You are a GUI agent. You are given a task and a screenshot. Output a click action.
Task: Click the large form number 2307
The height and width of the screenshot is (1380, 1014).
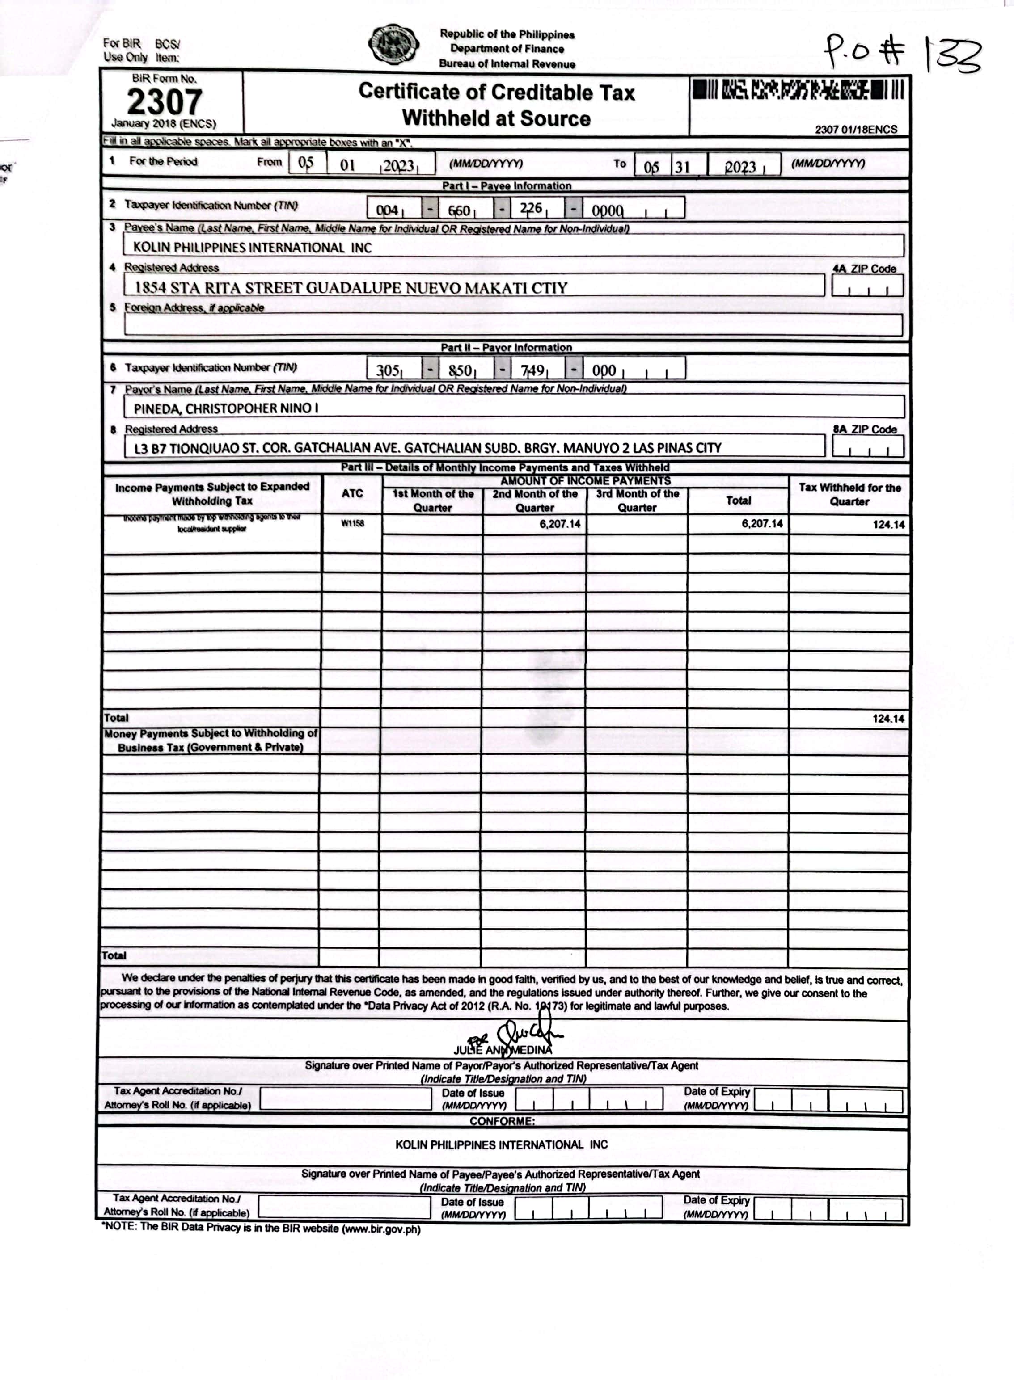point(165,102)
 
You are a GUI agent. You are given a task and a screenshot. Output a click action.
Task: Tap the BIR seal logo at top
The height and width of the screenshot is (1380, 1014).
point(393,45)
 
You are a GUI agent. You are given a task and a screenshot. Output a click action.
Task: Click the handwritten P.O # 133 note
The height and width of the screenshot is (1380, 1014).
point(902,53)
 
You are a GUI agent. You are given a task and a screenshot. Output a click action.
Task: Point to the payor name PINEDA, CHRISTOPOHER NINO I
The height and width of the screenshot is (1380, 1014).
point(226,408)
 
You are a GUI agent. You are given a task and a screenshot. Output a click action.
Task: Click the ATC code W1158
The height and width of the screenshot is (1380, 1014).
point(352,523)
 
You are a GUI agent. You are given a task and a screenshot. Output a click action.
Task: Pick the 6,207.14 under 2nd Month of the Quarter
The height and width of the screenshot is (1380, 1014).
point(560,523)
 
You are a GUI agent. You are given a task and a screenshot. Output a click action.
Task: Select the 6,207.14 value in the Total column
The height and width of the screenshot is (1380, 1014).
point(762,523)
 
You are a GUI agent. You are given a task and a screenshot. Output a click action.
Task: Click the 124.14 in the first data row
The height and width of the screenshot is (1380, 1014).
point(888,525)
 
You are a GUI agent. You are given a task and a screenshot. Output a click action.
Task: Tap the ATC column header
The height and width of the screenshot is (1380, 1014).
point(352,493)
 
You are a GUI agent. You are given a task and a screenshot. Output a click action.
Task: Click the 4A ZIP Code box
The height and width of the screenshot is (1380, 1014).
point(867,286)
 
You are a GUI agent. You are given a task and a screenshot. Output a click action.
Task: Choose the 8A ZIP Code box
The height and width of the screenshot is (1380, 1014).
point(867,447)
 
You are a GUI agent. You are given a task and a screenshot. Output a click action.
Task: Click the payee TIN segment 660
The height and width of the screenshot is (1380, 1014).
point(459,210)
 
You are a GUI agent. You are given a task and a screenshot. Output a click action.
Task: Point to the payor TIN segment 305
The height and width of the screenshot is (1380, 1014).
point(388,370)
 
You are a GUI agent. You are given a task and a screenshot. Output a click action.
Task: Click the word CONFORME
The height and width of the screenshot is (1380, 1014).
point(502,1121)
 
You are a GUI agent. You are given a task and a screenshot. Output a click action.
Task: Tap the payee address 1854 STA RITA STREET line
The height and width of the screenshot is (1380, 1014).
point(351,287)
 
